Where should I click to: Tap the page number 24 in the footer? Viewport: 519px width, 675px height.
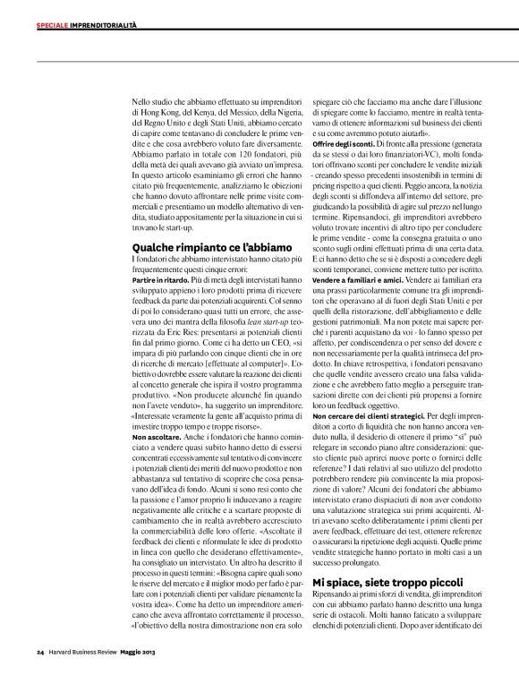pyautogui.click(x=40, y=651)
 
